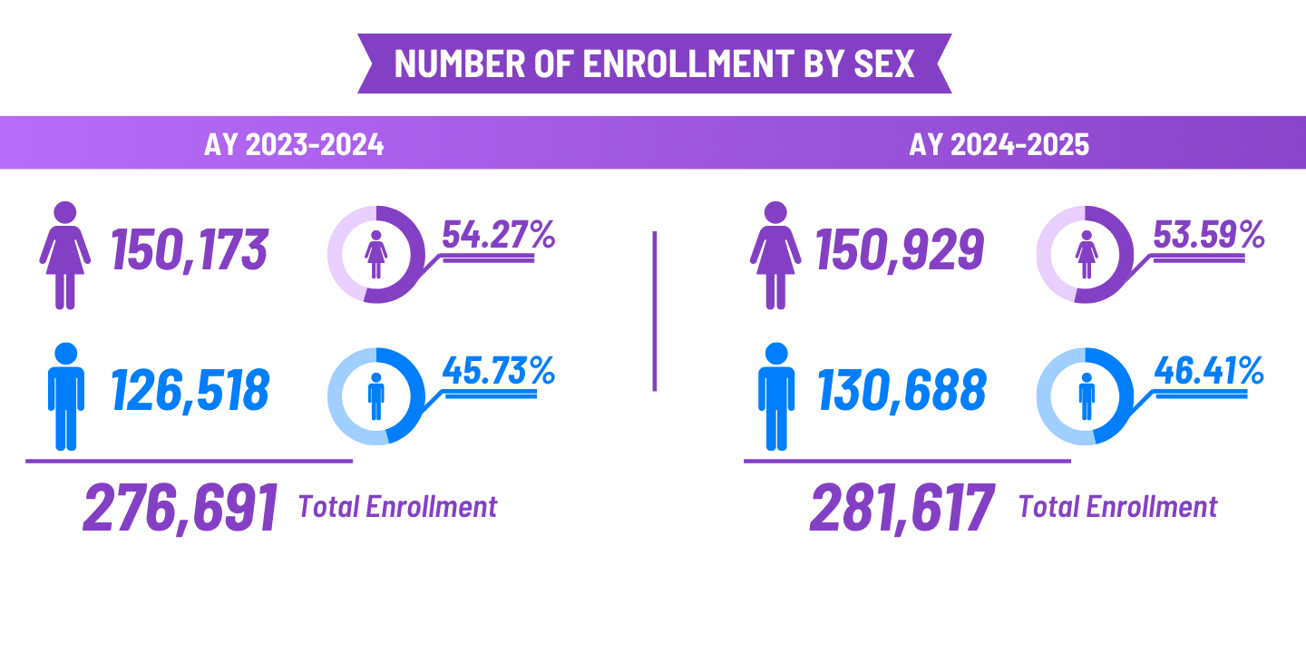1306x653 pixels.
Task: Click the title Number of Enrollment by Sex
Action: tap(654, 63)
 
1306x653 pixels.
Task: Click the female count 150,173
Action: tap(190, 249)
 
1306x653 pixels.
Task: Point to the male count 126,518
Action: tap(190, 391)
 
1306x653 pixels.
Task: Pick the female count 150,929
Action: tap(901, 249)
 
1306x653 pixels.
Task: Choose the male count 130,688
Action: tap(902, 391)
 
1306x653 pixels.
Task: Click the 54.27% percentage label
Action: tap(498, 235)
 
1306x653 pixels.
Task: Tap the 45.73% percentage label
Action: tap(498, 369)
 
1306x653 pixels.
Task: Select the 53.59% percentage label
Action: tap(1208, 235)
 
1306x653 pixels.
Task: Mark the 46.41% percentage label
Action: tap(1208, 369)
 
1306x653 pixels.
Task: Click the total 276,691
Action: tap(180, 509)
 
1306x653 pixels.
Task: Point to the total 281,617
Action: tap(902, 509)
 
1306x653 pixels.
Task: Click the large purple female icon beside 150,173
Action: tap(64, 255)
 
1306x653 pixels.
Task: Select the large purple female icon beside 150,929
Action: tap(775, 255)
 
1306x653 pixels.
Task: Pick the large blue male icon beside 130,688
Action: tap(776, 396)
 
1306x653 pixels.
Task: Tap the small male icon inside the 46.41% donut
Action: tap(1086, 396)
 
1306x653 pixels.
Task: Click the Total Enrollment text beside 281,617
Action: tap(1117, 506)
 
